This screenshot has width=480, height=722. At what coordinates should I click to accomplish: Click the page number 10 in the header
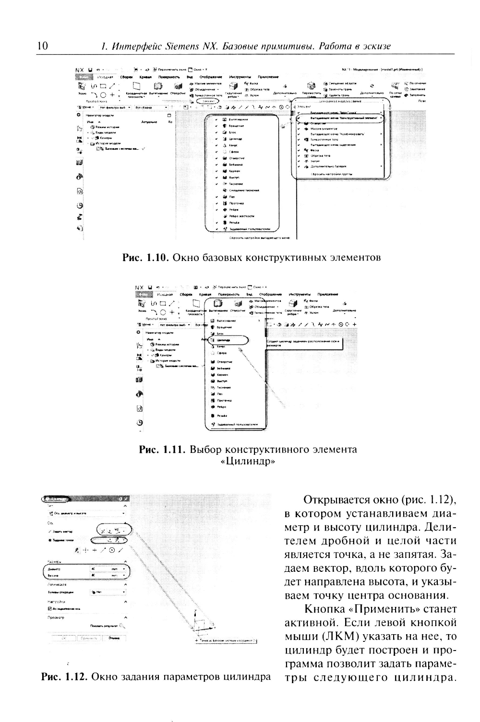(x=42, y=46)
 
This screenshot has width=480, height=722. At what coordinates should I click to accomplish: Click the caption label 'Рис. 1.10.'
(x=144, y=258)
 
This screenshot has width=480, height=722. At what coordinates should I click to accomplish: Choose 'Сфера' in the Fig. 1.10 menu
(x=234, y=152)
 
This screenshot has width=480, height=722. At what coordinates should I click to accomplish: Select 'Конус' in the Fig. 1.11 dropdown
(x=221, y=346)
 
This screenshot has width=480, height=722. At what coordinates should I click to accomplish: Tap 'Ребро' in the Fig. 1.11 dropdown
(x=222, y=406)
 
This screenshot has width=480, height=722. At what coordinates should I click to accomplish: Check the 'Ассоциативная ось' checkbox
(x=49, y=608)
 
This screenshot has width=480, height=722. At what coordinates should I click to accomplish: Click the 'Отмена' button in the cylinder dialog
(x=114, y=638)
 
